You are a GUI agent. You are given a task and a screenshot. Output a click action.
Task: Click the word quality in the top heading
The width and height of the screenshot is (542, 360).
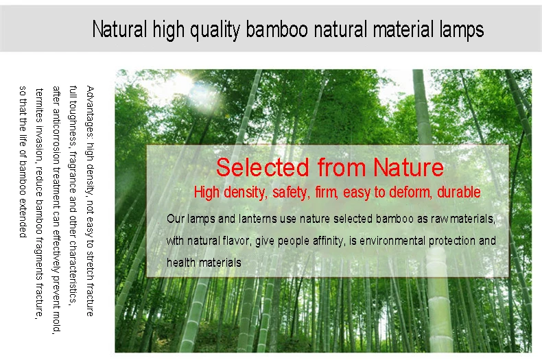(x=215, y=29)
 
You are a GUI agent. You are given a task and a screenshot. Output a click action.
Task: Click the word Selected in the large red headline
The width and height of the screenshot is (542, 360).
(x=262, y=167)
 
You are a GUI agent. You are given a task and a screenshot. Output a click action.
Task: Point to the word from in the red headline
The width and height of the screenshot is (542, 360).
(x=342, y=167)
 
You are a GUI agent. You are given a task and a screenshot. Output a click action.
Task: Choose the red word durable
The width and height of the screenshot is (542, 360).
(x=459, y=192)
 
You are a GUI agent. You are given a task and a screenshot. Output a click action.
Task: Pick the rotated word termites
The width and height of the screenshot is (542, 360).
(x=39, y=106)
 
